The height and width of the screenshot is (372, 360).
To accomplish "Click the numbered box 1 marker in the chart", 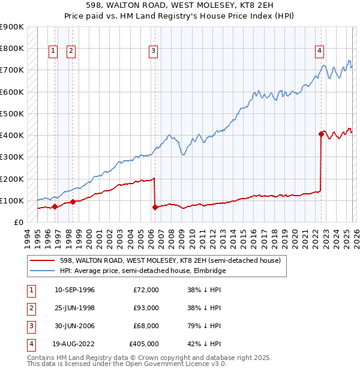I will tap(53, 51).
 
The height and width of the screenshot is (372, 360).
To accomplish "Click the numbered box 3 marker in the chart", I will tap(154, 51).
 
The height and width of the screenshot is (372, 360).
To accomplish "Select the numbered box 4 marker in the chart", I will tap(320, 51).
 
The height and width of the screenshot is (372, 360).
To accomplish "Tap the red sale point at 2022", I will tap(321, 134).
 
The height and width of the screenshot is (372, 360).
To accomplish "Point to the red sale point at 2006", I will tap(155, 208).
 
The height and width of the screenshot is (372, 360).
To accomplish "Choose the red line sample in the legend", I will tap(43, 260).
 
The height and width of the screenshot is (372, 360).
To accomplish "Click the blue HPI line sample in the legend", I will tap(43, 271).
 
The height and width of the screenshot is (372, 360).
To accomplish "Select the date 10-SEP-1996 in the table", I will tap(74, 290).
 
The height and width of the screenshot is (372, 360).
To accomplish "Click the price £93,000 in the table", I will tap(146, 308).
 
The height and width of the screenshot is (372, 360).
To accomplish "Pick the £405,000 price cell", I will tap(144, 344).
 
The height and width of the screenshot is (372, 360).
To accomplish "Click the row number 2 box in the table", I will tap(29, 308).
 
